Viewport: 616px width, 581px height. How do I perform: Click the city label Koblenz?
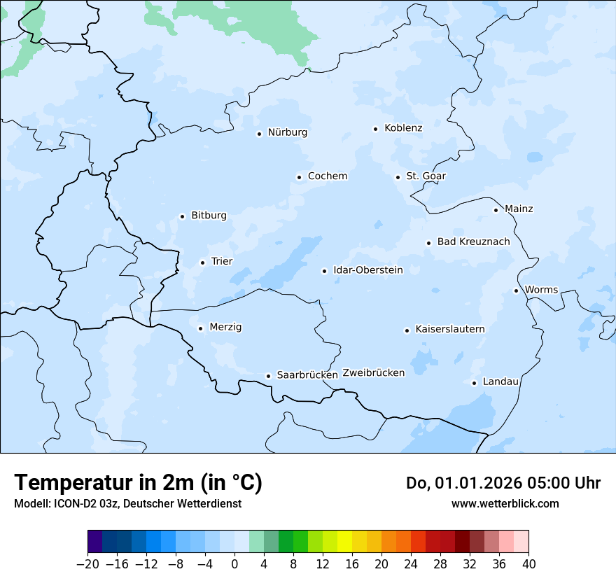[403, 128]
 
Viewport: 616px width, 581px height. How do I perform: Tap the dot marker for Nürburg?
[259, 134]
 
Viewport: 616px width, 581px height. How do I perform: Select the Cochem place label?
[327, 176]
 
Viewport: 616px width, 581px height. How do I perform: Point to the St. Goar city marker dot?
[398, 177]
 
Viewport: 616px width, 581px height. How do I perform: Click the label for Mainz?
[519, 209]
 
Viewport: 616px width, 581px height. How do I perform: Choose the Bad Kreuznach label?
[473, 242]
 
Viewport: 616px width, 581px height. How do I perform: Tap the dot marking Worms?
[516, 290]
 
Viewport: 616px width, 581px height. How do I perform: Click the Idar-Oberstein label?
[368, 270]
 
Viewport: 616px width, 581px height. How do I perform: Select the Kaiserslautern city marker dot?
[407, 330]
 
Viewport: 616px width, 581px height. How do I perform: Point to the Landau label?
[500, 382]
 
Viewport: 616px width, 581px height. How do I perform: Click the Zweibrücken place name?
[373, 373]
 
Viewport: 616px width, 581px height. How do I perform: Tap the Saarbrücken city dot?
[268, 376]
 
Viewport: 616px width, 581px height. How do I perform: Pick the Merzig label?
[225, 328]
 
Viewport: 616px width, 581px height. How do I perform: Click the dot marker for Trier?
[202, 262]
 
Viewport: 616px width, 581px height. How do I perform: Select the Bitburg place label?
[209, 216]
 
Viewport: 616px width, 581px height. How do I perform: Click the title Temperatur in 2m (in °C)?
[138, 483]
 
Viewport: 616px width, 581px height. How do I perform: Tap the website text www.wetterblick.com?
[505, 504]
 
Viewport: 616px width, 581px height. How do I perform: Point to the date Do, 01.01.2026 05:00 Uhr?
[503, 483]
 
